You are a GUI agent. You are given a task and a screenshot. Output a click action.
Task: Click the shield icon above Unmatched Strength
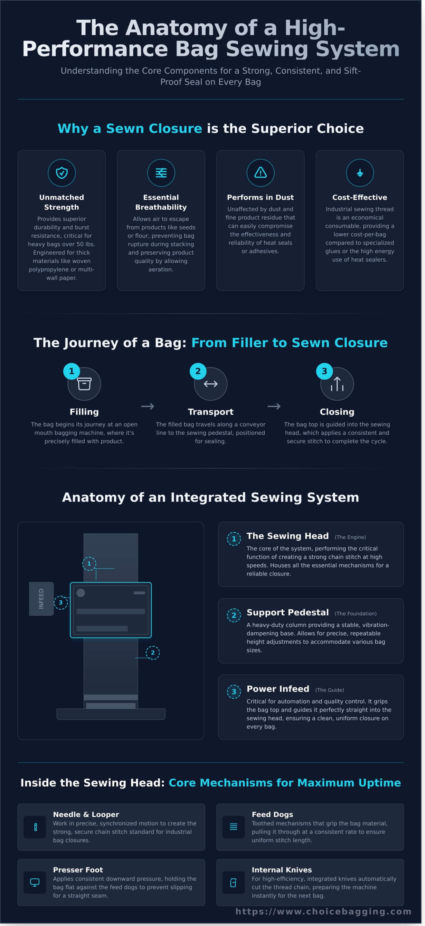point(61,173)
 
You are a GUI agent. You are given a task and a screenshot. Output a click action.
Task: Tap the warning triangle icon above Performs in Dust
point(260,173)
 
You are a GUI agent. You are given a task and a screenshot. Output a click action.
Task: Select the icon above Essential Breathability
point(161,173)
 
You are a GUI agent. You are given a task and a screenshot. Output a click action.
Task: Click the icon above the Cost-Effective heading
point(360,173)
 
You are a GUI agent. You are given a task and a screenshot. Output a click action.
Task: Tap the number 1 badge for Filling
point(71,371)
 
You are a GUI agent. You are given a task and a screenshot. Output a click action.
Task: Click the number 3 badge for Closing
point(324,371)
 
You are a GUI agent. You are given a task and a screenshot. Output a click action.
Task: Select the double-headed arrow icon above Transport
point(211,384)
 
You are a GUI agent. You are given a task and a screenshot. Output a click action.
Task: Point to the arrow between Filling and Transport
point(147,406)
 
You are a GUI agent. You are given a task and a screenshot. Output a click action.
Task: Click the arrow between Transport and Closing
point(274,406)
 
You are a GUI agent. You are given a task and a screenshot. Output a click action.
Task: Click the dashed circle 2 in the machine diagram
point(153,652)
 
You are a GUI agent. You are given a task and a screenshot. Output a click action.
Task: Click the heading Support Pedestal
point(288,612)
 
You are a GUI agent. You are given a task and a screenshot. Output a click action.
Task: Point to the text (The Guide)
point(330,690)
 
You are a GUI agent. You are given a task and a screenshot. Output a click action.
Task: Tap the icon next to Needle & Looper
point(35,827)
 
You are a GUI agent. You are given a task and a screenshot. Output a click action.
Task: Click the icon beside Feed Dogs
point(233,827)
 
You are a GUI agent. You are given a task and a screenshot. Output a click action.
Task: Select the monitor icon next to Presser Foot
point(35,883)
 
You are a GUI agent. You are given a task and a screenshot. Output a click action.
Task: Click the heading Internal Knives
point(282,869)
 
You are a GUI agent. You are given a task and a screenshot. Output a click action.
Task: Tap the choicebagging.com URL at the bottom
point(324,911)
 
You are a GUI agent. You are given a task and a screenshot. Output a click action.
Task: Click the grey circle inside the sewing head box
point(81,593)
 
